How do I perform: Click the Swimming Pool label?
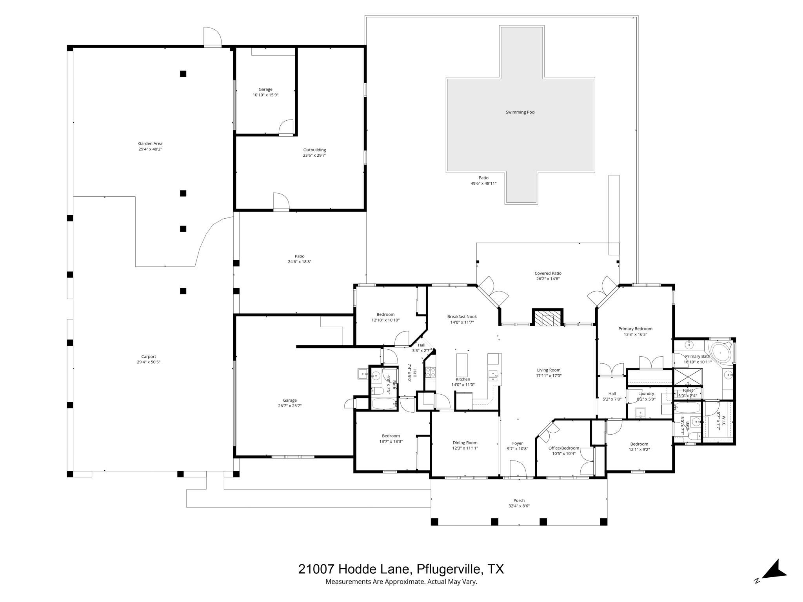(x=520, y=112)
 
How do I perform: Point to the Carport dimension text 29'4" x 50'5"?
(x=146, y=362)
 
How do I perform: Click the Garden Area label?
(x=150, y=143)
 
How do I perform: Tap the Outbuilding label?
(x=314, y=150)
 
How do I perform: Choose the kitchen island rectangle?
(x=462, y=365)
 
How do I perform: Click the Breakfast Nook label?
(x=462, y=317)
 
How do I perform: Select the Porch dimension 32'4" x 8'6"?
(x=519, y=506)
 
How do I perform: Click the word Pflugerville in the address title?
(x=449, y=569)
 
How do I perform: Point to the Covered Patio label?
(x=548, y=273)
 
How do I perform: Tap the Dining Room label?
(x=465, y=442)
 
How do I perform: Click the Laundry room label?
(x=646, y=393)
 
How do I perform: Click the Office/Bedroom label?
(x=563, y=448)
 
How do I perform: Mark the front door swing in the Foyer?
(x=518, y=469)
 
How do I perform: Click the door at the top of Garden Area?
(x=213, y=37)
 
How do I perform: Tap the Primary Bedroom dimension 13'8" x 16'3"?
(x=635, y=334)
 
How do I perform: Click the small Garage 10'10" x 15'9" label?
(x=265, y=89)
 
